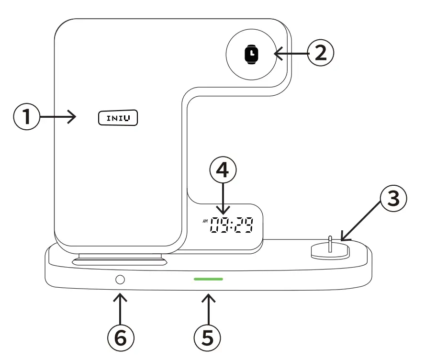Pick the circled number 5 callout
pyautogui.click(x=207, y=337)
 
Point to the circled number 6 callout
pyautogui.click(x=119, y=337)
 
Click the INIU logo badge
pyautogui.click(x=118, y=117)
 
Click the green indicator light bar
pyautogui.click(x=208, y=279)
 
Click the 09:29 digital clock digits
pyautogui.click(x=232, y=225)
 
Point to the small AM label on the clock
pyautogui.click(x=205, y=221)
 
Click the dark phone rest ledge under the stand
pyautogui.click(x=120, y=261)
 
